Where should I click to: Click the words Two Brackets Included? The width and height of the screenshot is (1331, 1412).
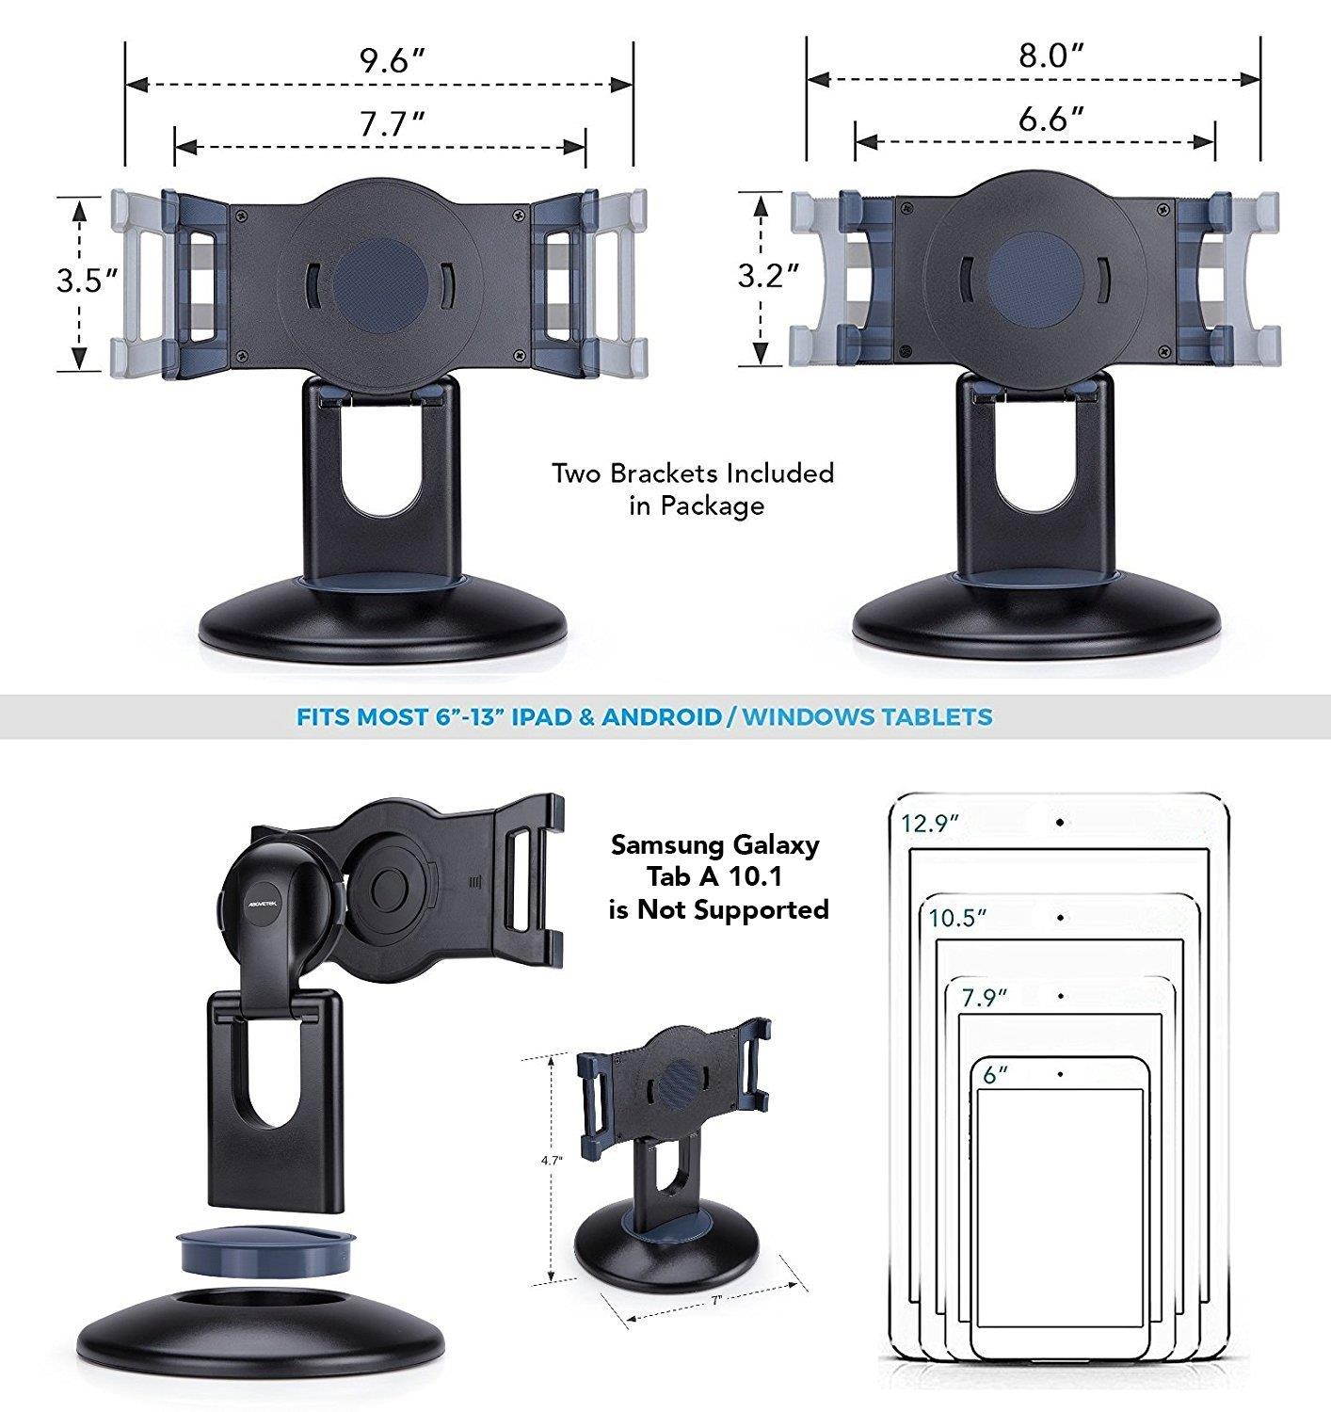(x=694, y=473)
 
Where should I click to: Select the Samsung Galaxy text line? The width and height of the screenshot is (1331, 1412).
(x=715, y=844)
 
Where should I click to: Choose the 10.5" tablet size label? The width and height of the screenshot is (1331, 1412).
(x=957, y=918)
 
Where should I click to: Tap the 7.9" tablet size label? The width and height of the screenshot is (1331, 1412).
(x=985, y=997)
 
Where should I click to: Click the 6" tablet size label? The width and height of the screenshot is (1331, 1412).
(x=996, y=1075)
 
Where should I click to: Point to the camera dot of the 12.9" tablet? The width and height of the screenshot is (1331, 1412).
(x=1060, y=823)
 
